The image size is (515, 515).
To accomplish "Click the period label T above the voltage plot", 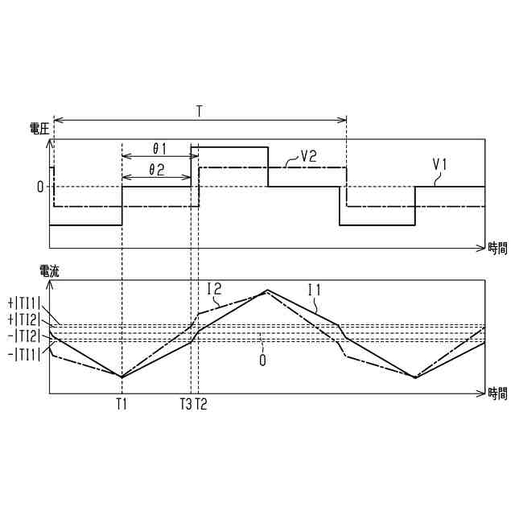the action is click(199, 111).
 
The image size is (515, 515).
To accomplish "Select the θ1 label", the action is click(159, 149).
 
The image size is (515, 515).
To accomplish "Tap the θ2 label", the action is click(158, 170).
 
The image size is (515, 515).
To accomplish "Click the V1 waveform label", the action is click(440, 164).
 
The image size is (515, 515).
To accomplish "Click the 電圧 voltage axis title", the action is click(38, 128).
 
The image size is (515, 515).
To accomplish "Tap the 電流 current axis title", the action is click(48, 271).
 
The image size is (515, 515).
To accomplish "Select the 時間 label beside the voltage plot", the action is click(497, 248).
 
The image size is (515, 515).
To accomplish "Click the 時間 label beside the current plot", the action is click(497, 393).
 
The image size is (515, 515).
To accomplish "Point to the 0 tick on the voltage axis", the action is click(39, 187).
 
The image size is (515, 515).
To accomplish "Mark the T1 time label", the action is click(122, 404).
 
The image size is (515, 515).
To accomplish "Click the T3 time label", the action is click(186, 404).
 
